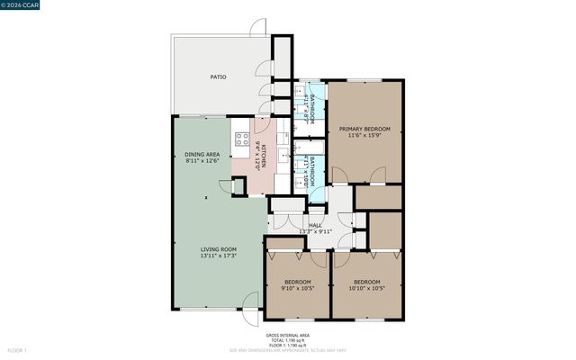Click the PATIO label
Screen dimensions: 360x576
[x=218, y=77]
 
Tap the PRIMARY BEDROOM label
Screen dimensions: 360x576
[x=363, y=130]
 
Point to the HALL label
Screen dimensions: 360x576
[x=315, y=225]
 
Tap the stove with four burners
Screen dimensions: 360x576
[x=242, y=140]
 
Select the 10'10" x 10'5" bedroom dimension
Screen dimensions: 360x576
[x=367, y=288]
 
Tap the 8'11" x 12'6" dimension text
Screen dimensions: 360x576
[x=202, y=161]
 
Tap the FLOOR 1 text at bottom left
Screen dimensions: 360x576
[x=17, y=349]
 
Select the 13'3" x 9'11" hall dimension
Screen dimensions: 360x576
[x=315, y=231]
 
